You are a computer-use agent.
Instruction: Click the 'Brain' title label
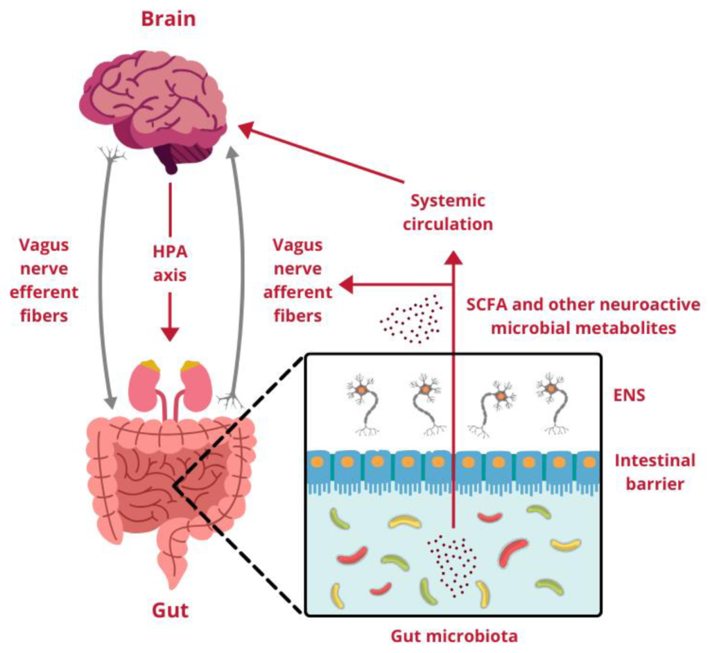tap(168, 18)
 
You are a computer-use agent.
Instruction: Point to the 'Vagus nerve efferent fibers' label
tap(48, 280)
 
